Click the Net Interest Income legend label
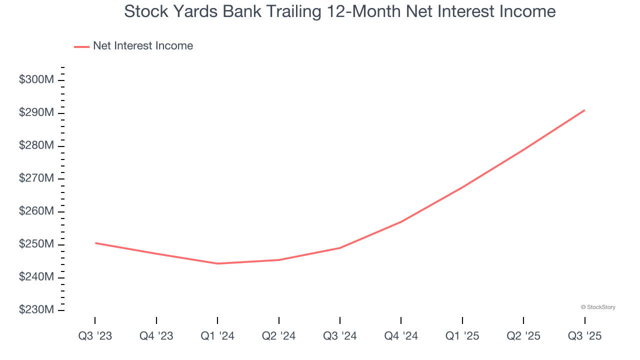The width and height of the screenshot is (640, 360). [x=143, y=46]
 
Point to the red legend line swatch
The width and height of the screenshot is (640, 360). [x=81, y=46]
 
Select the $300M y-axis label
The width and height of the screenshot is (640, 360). [x=36, y=80]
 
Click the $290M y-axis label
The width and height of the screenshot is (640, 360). [x=36, y=113]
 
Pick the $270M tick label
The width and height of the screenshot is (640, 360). [x=36, y=178]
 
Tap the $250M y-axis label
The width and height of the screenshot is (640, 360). [x=36, y=244]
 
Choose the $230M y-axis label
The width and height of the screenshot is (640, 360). [x=36, y=310]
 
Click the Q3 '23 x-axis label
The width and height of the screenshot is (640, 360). [x=95, y=336]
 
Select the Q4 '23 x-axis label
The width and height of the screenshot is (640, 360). [x=156, y=336]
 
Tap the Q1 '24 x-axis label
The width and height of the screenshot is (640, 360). [x=217, y=336]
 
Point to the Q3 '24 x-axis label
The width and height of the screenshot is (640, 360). [x=340, y=336]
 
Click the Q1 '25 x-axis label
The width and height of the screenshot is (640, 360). [x=462, y=336]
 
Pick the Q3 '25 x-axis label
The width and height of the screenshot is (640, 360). [x=584, y=336]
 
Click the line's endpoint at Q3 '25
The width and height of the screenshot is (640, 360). [x=584, y=110]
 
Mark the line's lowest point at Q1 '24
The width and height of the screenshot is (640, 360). [x=217, y=263]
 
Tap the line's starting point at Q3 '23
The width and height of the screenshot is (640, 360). [x=95, y=243]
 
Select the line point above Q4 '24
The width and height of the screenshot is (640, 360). [x=401, y=221]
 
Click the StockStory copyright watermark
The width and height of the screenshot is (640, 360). [x=598, y=307]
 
